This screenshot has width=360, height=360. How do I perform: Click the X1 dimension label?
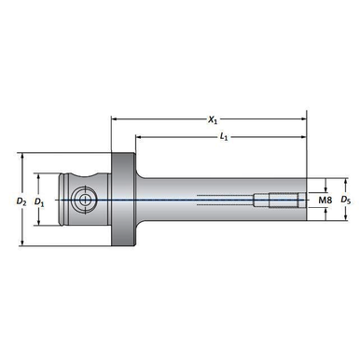(x=213, y=119)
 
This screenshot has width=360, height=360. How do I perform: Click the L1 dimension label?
(x=224, y=137)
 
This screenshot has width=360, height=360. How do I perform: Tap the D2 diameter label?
(x=21, y=201)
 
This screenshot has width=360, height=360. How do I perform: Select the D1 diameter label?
(x=39, y=201)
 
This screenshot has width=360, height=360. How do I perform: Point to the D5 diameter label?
(x=345, y=200)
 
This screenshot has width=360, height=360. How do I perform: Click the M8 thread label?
(x=325, y=200)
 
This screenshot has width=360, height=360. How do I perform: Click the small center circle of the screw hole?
(x=84, y=200)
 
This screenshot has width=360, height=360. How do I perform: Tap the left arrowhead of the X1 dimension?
(x=114, y=118)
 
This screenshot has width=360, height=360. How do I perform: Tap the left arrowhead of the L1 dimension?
(x=138, y=136)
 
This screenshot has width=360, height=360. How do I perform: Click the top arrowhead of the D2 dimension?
(x=21, y=156)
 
